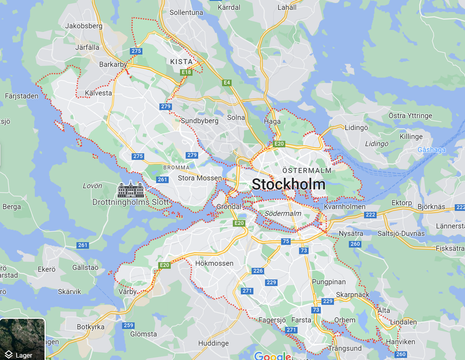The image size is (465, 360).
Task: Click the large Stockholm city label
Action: [288, 184]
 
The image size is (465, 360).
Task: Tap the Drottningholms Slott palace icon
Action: [131, 189]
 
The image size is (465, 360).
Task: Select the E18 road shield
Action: [186, 72]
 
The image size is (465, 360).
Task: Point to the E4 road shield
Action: [227, 82]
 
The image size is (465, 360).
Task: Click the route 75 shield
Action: [286, 242]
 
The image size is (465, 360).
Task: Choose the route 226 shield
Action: [258, 271]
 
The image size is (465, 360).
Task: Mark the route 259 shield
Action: [128, 325]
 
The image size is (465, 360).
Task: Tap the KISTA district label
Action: [181, 62]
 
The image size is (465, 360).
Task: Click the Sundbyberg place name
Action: [199, 121]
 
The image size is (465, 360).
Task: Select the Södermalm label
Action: [283, 213]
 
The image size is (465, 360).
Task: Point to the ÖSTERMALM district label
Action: [307, 171]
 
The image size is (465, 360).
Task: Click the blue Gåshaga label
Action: [431, 150]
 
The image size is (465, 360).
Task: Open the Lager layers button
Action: [23, 339]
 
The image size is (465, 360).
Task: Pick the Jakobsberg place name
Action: [84, 26]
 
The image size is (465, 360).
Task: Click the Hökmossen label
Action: [214, 263]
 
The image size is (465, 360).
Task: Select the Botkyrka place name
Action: [90, 327]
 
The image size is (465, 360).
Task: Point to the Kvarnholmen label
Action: [344, 207]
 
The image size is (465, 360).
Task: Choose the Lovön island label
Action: [92, 185]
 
